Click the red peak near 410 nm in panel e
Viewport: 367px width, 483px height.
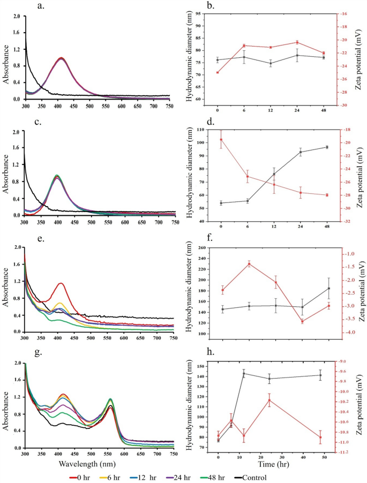(x=61, y=283)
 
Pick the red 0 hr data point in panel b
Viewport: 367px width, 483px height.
(x=218, y=72)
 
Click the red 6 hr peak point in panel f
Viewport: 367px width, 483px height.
(x=249, y=263)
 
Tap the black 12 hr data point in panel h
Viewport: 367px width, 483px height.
(x=244, y=373)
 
